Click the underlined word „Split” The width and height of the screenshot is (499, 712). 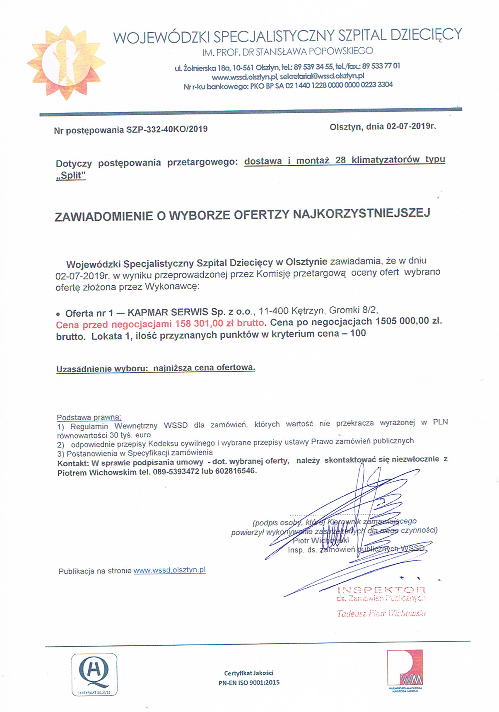click(71, 175)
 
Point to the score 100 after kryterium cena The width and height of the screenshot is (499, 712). click(358, 333)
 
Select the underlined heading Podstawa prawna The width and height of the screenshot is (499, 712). click(89, 417)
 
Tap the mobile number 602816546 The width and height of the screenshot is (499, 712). click(235, 472)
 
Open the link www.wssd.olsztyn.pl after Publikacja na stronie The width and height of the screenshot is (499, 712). click(169, 570)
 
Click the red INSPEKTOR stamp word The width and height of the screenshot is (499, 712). click(381, 590)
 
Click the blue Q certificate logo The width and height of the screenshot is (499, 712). click(94, 674)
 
